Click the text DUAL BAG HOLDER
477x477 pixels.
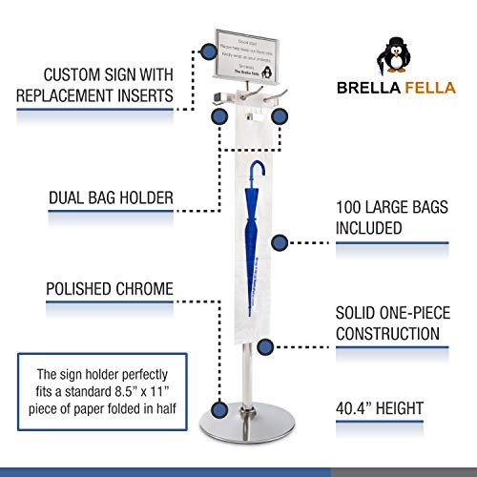111,198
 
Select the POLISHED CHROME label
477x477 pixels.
111,288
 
